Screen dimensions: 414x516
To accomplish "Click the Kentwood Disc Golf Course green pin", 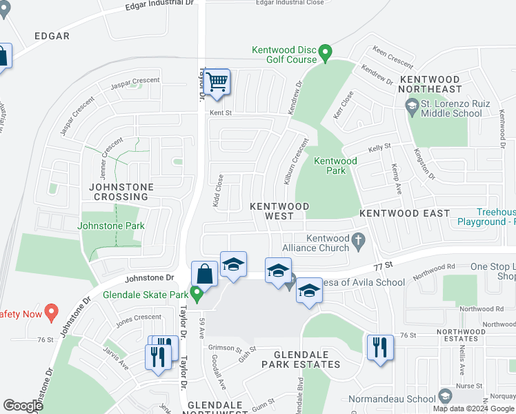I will pos(326,52).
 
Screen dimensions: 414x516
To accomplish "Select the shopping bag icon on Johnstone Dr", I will pos(205,274).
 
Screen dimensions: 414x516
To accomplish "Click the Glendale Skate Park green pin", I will pos(197,295).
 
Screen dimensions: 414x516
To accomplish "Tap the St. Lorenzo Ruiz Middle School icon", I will pos(413,106).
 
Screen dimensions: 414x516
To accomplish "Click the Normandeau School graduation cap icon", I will pos(446,396).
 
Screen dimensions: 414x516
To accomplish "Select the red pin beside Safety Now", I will pos(50,313).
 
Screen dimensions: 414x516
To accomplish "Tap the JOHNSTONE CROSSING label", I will pos(120,192).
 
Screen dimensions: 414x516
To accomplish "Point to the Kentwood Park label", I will pos(335,166).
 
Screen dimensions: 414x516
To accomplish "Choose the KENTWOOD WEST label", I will pos(279,211).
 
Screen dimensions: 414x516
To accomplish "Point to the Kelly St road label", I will pos(379,147).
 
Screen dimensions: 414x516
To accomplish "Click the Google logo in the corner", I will pos(23,406).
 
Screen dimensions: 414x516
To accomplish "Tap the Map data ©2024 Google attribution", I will pos(473,408).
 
